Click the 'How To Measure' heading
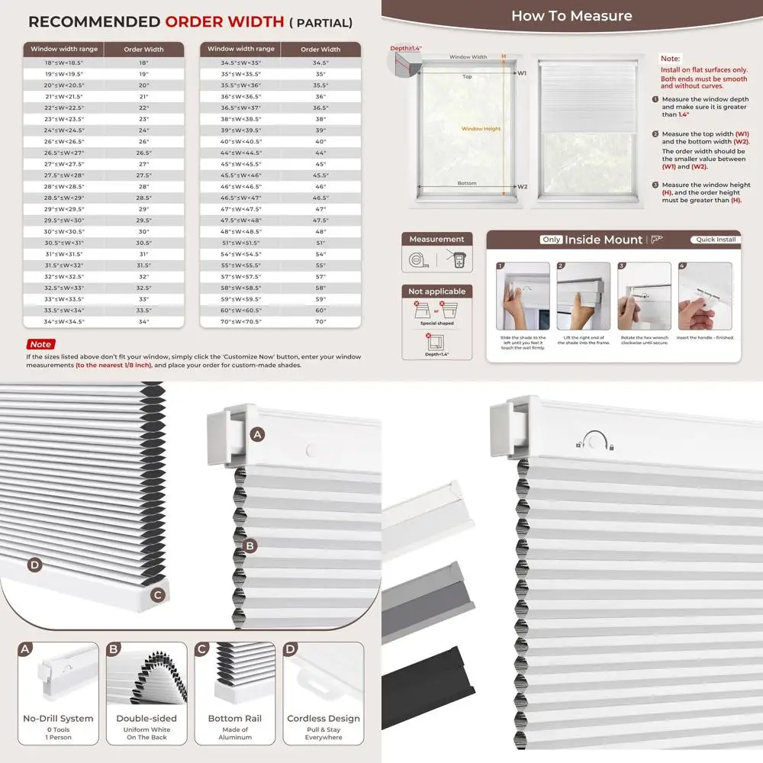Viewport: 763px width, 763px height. coord(571,15)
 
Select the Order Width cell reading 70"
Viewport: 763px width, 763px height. coord(320,322)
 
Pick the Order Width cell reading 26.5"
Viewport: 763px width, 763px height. coord(144,152)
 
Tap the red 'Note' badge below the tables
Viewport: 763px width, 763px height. coord(40,345)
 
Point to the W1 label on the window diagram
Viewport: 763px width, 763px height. coord(523,73)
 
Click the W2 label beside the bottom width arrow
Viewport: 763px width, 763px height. coord(523,187)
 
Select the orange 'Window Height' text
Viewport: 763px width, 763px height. coord(481,129)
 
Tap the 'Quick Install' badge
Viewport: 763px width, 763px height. coord(715,240)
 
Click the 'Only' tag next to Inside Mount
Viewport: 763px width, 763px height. coord(552,240)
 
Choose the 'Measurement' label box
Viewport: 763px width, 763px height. coord(437,240)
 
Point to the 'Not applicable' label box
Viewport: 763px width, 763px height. coord(437,291)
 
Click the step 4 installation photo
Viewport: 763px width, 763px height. coord(705,297)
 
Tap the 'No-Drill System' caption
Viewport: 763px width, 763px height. coord(58,718)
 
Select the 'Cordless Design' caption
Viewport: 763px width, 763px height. coord(324,718)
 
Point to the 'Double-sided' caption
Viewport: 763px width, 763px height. coord(146,718)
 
